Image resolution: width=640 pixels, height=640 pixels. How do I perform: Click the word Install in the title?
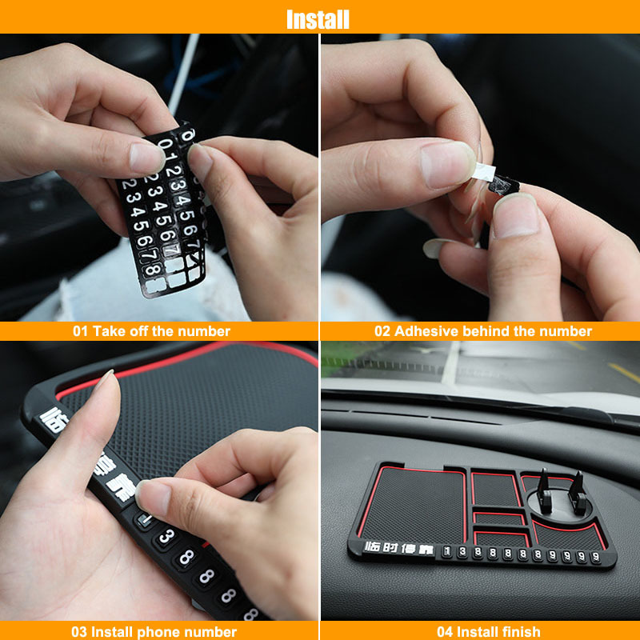(x=318, y=18)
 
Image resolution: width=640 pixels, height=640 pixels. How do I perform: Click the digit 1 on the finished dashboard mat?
(x=448, y=551)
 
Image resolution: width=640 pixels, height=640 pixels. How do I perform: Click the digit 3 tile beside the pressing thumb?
(x=166, y=537)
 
